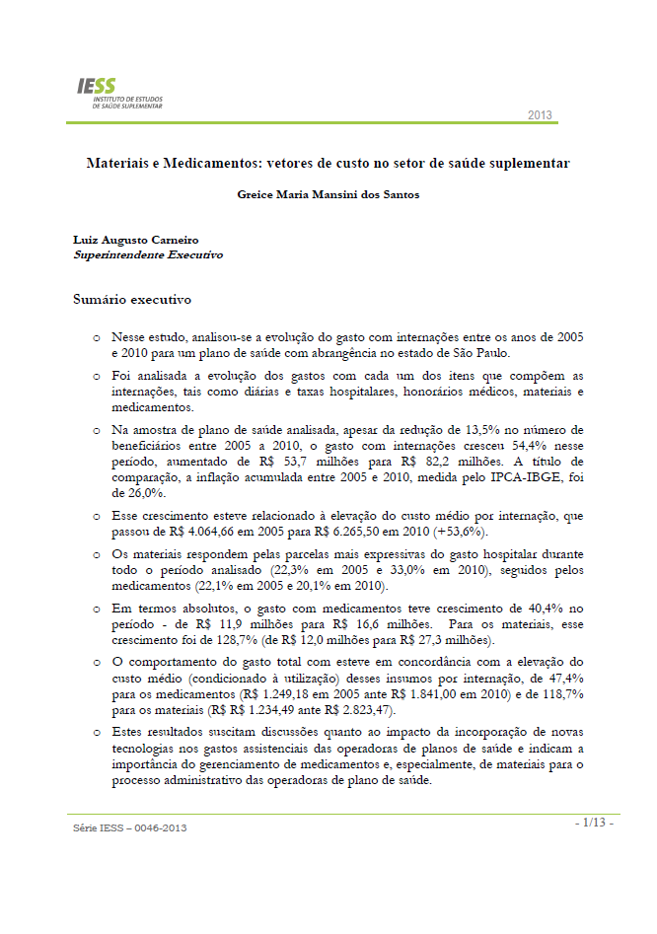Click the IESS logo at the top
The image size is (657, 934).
pos(120,95)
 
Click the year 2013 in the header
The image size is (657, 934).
pos(540,115)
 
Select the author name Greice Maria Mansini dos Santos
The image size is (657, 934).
pos(328,194)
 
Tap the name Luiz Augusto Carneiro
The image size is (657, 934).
pos(136,240)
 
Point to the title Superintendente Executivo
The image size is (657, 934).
pos(148,254)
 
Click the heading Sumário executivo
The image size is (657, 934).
pos(132,299)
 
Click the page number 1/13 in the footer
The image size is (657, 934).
pos(595,823)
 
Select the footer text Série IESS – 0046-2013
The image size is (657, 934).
pos(129,827)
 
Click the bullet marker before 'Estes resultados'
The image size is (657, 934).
pos(97,733)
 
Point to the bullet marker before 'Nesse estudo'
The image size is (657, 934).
pos(97,338)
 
